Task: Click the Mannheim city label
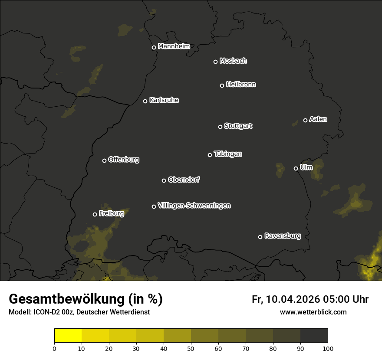coord(174,46)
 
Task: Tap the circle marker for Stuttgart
coord(220,127)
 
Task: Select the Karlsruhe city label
coord(164,100)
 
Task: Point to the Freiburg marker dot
coord(95,214)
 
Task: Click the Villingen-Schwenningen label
coord(194,206)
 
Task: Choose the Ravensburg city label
coord(283,236)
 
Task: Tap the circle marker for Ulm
coord(296,168)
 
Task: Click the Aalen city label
coord(318,119)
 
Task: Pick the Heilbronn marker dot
coord(222,85)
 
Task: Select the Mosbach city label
coord(233,61)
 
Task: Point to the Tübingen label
coord(228,154)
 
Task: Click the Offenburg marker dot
coord(104,160)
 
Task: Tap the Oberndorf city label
coord(184,180)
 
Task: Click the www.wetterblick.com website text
coord(313,312)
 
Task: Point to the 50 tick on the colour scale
coord(191,348)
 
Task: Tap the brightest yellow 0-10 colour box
coord(68,335)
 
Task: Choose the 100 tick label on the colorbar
coord(328,348)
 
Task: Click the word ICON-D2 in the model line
coord(46,312)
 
